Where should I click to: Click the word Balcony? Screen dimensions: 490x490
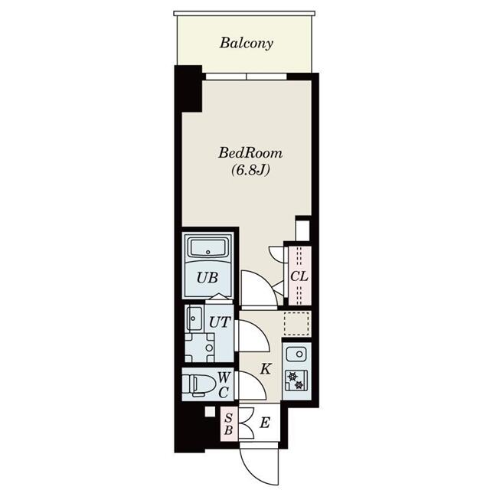(x=247, y=43)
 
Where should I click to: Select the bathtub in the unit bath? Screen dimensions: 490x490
(x=207, y=250)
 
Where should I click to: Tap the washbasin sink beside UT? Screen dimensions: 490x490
(x=192, y=317)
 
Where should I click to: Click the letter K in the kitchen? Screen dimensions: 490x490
(x=265, y=368)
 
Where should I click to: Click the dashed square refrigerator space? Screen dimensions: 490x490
(x=297, y=323)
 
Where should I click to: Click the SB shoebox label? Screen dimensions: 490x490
(x=228, y=424)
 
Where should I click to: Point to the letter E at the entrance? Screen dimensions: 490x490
(x=264, y=422)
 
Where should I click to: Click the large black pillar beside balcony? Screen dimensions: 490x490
(x=187, y=89)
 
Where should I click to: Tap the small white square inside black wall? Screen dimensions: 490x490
(x=209, y=413)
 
